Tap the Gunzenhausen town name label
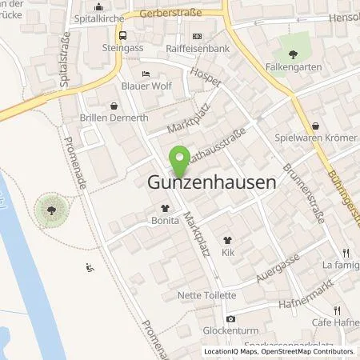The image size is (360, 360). pos(212,182)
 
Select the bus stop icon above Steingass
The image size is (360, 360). pos(122,35)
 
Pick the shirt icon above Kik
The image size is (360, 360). pos(228,239)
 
